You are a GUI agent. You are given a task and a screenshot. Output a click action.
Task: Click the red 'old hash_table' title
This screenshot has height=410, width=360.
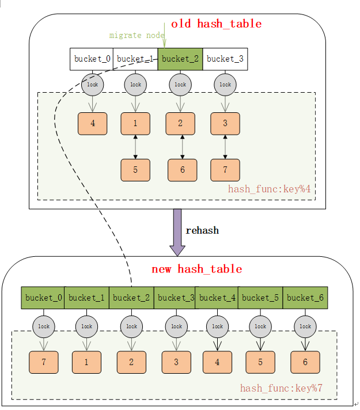pyautogui.click(x=216, y=24)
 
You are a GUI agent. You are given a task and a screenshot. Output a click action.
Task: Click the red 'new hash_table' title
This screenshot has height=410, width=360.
pyautogui.click(x=196, y=269)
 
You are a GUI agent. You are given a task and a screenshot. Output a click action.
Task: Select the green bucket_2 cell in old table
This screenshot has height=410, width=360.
pyautogui.click(x=180, y=59)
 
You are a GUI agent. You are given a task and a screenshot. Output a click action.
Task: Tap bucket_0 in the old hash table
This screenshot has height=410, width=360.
pyautogui.click(x=92, y=59)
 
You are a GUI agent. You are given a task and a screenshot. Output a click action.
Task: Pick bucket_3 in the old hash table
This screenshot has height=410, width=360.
pyautogui.click(x=225, y=59)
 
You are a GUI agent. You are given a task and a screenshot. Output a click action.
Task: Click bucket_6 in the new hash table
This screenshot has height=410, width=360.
pyautogui.click(x=305, y=298)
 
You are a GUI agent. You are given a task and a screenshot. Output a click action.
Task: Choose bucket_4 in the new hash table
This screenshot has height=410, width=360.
pyautogui.click(x=217, y=298)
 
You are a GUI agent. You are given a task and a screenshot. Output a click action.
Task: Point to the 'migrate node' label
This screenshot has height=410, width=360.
pyautogui.click(x=137, y=36)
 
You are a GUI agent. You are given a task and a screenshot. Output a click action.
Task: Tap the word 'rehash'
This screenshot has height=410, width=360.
pyautogui.click(x=202, y=230)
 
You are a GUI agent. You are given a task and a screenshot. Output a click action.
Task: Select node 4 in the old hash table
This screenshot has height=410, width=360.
pyautogui.click(x=93, y=124)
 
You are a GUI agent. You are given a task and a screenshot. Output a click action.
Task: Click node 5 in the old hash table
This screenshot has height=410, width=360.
pyautogui.click(x=135, y=170)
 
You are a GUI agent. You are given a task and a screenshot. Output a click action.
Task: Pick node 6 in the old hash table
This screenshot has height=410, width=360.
pyautogui.click(x=182, y=170)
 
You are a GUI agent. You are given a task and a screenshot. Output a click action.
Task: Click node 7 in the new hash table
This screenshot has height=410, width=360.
pyautogui.click(x=44, y=362)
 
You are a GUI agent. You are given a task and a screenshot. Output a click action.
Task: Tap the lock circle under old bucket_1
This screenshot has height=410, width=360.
pyautogui.click(x=135, y=85)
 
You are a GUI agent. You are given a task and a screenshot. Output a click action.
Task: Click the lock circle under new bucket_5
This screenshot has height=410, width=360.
pyautogui.click(x=260, y=327)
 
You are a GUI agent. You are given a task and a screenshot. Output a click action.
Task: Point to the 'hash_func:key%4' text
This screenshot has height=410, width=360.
pyautogui.click(x=270, y=189)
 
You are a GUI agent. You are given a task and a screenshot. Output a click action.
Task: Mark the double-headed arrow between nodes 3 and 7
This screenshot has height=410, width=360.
pyautogui.click(x=225, y=147)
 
